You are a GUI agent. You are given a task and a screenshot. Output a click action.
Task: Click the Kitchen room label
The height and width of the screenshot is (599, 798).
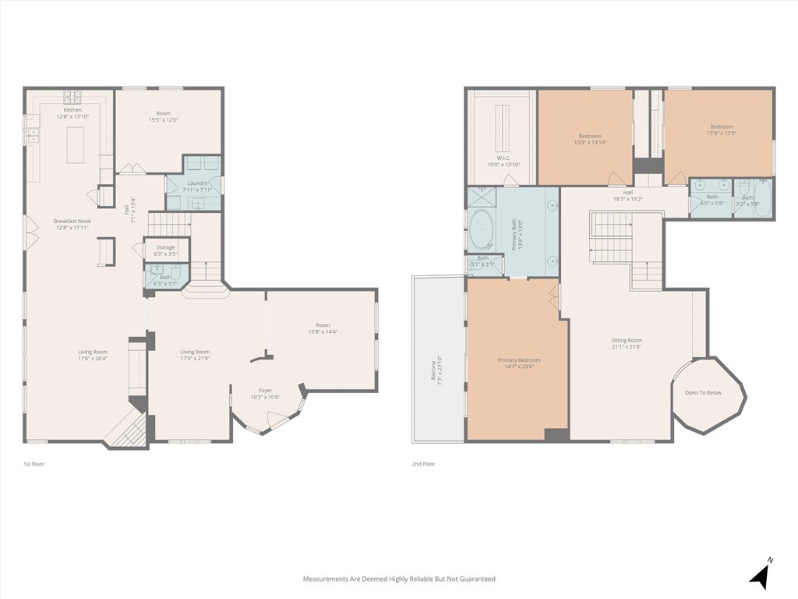tap(72, 110)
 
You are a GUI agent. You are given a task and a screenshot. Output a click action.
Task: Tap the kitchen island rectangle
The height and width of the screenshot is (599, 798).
tap(76, 145)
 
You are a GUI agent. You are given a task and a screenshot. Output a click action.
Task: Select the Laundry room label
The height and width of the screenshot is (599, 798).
tap(197, 183)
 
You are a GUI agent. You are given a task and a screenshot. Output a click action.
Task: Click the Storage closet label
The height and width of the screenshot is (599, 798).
tap(165, 247)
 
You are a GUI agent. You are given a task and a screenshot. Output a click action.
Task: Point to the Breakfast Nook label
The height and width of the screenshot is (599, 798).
tap(72, 221)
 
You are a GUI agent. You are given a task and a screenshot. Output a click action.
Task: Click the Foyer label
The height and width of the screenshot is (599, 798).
tap(265, 391)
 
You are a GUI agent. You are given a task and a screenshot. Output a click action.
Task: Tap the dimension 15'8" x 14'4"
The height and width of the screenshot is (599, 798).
tap(323, 331)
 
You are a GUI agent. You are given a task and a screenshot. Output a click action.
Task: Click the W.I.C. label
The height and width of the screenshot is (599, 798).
tap(503, 158)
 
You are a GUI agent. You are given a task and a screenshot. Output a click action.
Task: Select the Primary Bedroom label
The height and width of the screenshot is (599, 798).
tap(519, 360)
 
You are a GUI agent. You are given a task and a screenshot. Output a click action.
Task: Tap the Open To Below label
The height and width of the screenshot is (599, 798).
tap(703, 392)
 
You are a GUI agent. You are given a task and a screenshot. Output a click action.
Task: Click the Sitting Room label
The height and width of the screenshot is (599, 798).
tap(626, 340)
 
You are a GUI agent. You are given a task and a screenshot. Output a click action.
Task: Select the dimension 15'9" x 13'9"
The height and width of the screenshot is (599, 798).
tap(721, 133)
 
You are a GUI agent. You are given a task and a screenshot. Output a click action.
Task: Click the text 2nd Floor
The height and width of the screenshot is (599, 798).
tap(423, 464)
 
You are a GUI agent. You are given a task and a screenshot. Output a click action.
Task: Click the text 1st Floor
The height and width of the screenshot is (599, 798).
tap(34, 464)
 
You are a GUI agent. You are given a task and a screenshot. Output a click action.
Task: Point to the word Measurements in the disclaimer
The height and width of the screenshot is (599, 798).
tap(325, 579)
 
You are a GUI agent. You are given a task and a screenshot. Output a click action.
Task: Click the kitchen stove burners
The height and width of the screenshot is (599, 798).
tap(72, 97)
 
